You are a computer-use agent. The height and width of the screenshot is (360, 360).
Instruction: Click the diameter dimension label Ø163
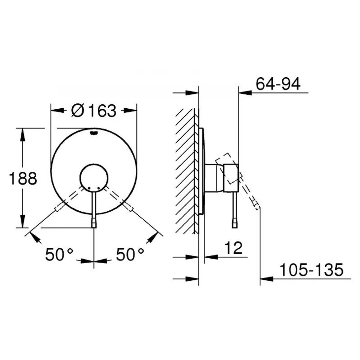[x=94, y=111]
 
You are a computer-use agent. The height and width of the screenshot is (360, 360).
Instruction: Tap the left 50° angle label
[x=59, y=254]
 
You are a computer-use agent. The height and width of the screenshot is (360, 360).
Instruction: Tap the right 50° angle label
[x=130, y=254]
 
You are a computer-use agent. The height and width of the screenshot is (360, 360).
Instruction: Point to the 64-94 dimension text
[x=278, y=84]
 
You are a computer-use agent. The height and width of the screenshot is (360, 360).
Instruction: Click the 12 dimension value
[x=235, y=248]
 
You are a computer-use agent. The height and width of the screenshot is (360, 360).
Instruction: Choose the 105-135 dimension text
[x=310, y=270]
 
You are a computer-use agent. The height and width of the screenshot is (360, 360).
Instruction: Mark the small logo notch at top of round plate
[x=94, y=133]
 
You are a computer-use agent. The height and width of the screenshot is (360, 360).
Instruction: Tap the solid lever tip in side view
[x=234, y=224]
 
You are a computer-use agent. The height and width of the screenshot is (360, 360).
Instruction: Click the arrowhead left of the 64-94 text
[x=243, y=93]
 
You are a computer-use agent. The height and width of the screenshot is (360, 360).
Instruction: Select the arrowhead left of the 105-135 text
[x=266, y=279]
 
